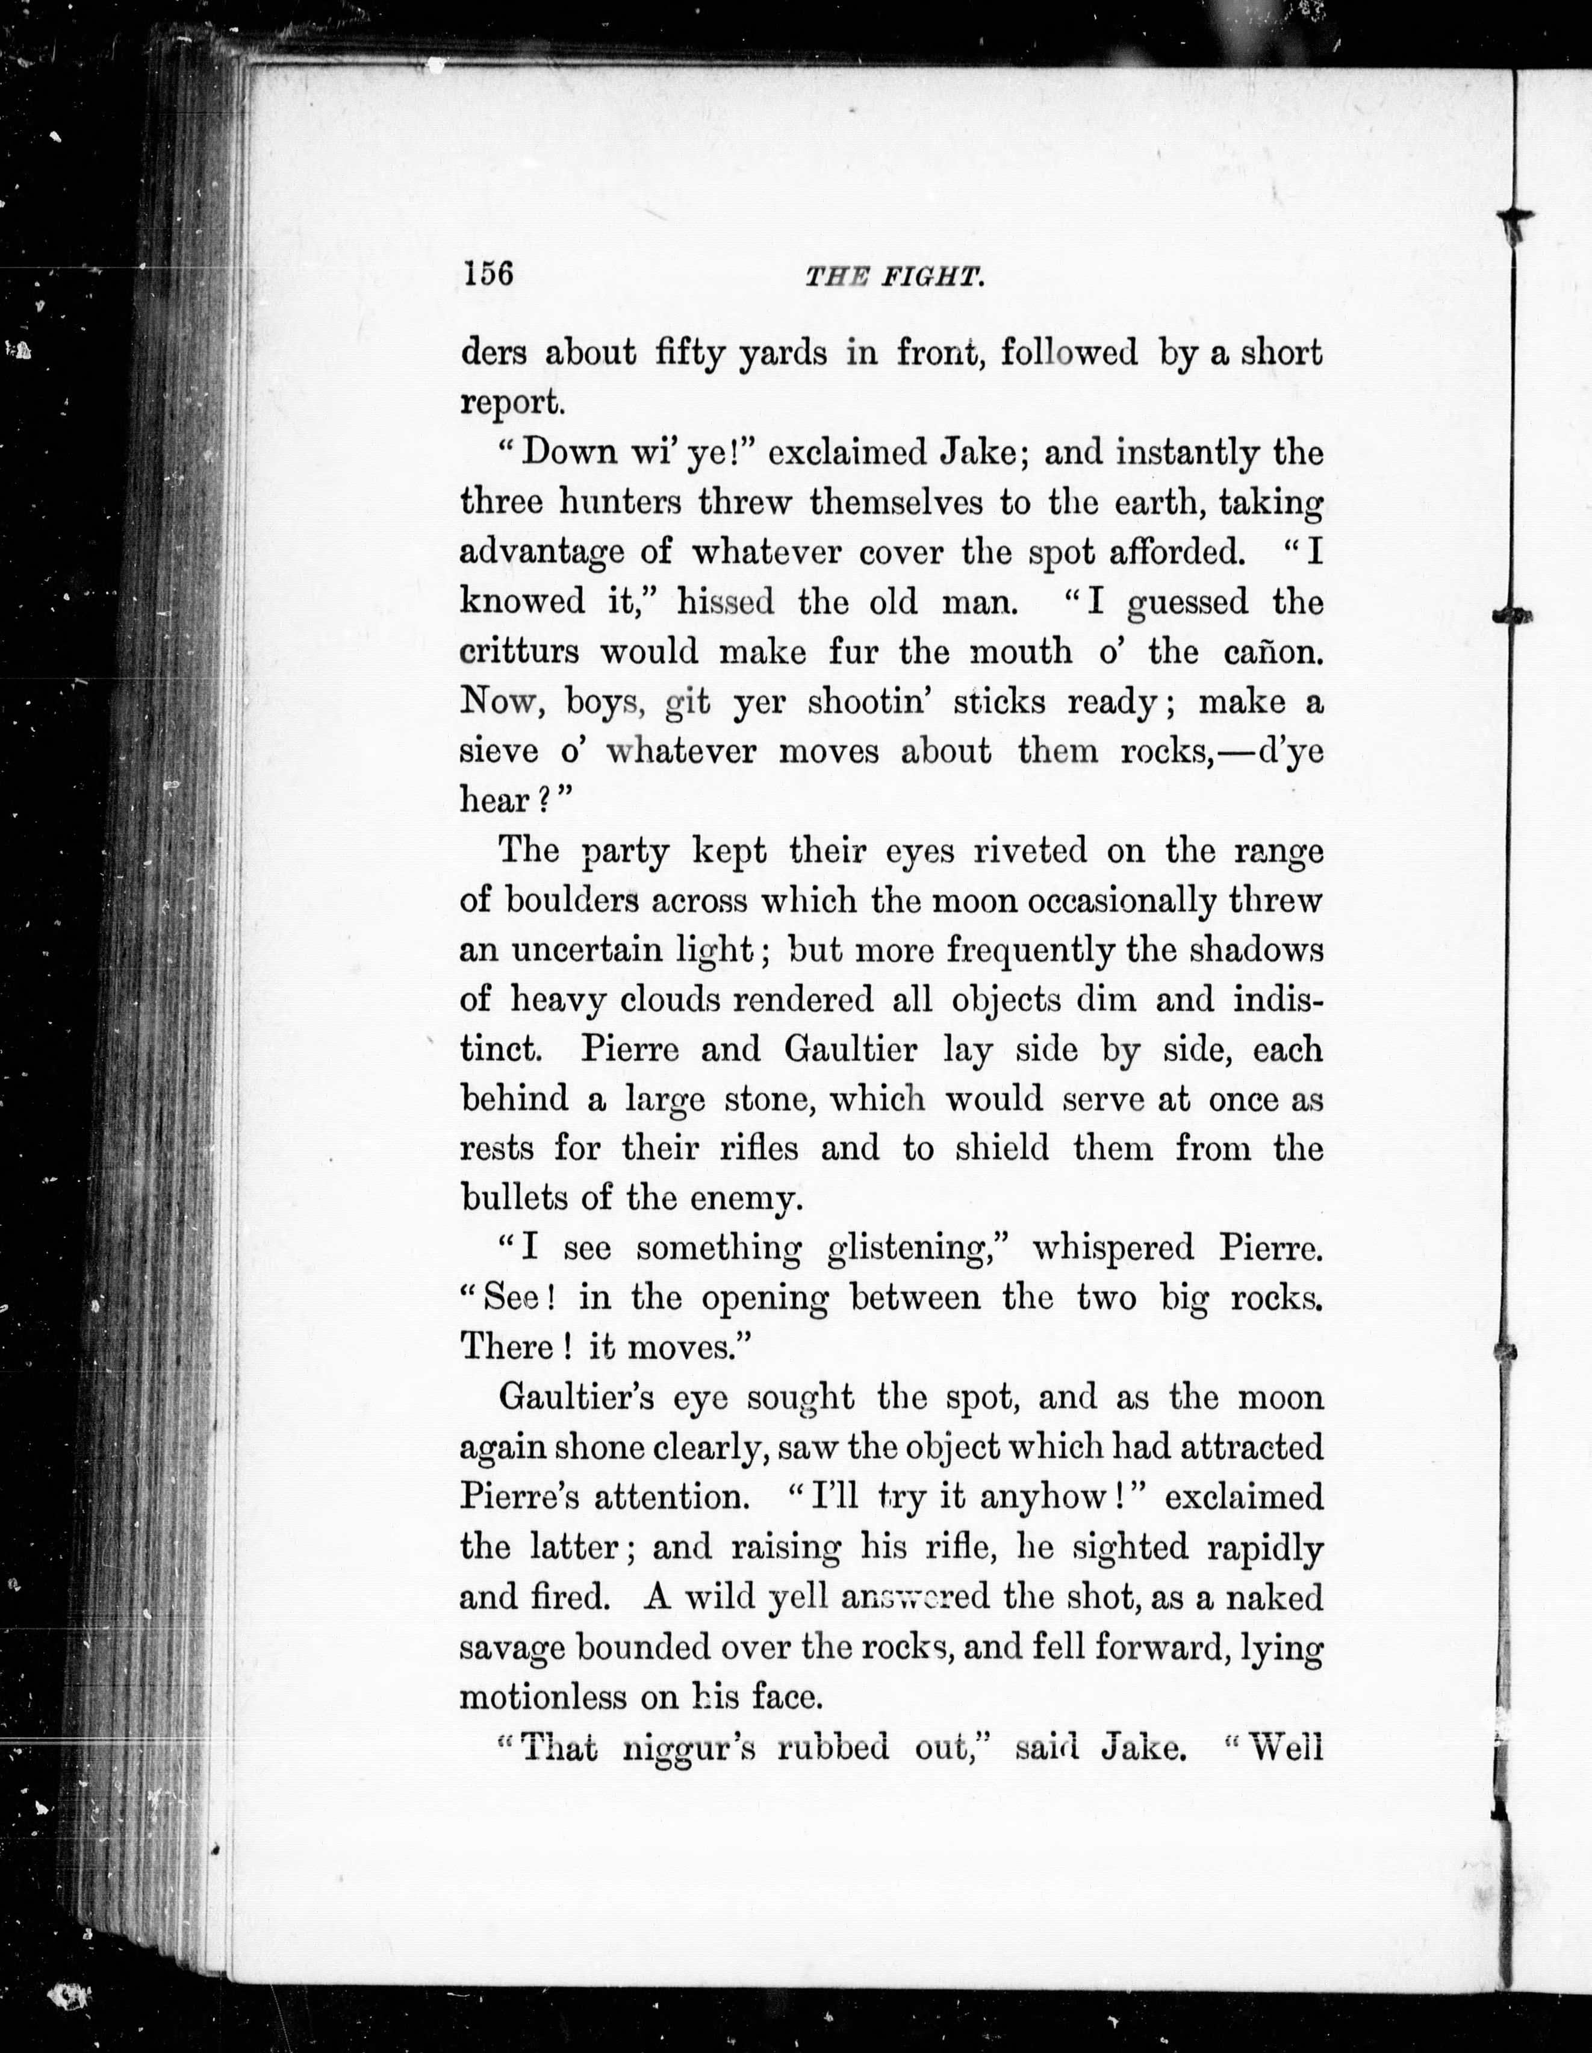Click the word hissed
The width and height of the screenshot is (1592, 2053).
click(x=726, y=602)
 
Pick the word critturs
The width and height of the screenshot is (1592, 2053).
click(x=520, y=651)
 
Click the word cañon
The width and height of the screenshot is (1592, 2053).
click(x=1273, y=651)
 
